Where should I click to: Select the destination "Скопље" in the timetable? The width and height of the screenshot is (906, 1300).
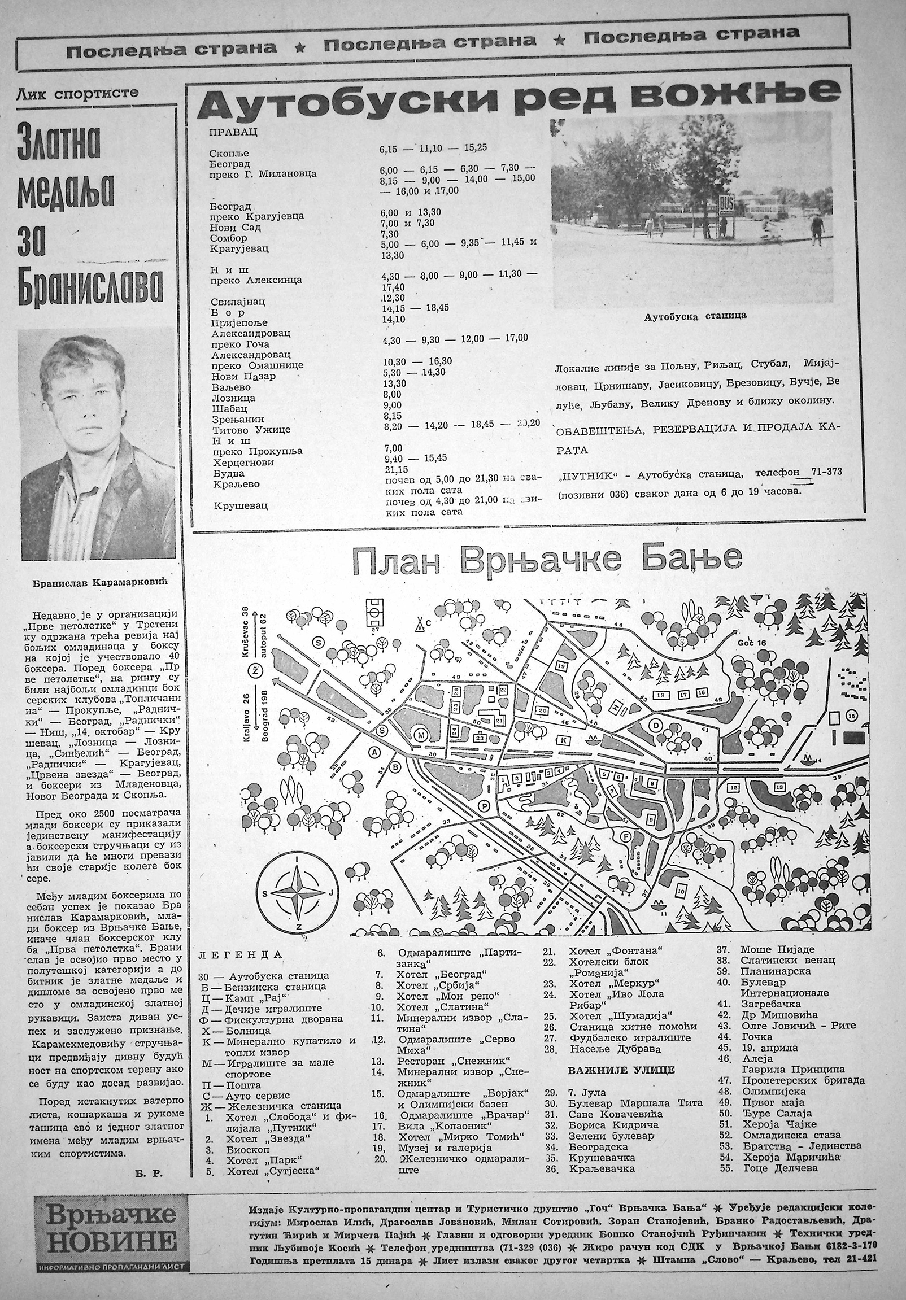coord(229,154)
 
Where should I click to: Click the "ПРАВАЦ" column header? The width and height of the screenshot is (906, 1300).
coord(233,132)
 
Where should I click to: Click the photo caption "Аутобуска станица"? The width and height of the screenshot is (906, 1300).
coord(695,316)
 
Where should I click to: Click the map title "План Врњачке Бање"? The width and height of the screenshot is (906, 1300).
coord(547,560)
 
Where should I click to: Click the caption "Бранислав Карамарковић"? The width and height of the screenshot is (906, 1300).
coord(100,583)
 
